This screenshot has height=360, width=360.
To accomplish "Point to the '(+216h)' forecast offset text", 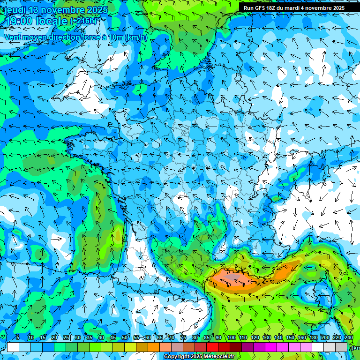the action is pyautogui.click(x=83, y=21).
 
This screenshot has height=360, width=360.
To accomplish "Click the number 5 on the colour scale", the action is pyautogui.click(x=17, y=337).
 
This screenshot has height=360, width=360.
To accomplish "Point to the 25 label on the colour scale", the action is pyautogui.click(x=66, y=337).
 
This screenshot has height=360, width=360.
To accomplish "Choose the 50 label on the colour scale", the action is pyautogui.click(x=125, y=337).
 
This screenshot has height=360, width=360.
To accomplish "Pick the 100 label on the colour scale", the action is pyautogui.click(x=231, y=337).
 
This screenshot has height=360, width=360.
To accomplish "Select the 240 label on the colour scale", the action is pyautogui.click(x=349, y=337).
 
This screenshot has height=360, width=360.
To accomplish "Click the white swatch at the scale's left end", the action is pyautogui.click(x=13, y=347).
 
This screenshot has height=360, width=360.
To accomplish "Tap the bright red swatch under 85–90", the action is pyautogui.click(x=212, y=347).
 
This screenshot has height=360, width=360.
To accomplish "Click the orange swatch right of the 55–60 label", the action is pyautogui.click(x=154, y=347).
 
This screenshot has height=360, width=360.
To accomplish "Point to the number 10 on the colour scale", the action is pyautogui.click(x=31, y=337).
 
